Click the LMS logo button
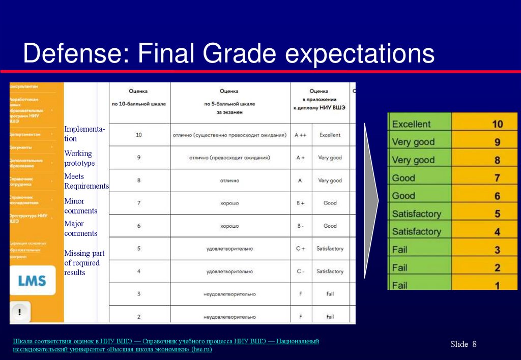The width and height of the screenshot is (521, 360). tap(32, 281)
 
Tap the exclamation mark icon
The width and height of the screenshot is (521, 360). tap(19, 311)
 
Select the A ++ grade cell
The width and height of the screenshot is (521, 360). tap(300, 135)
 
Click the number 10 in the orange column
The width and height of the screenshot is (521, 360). tap(497, 124)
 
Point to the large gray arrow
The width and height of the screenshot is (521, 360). tap(371, 200)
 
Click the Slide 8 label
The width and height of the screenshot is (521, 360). tap(463, 344)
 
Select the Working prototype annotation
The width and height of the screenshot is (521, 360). tap(79, 158)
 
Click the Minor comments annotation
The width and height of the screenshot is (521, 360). tap(80, 206)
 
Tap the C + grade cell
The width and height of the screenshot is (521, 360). tap(300, 249)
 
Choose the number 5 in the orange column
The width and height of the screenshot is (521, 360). tap(497, 214)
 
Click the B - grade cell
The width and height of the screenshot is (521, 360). tap(300, 226)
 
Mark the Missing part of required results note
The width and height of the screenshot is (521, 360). tap(82, 263)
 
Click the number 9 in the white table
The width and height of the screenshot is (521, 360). tap(138, 158)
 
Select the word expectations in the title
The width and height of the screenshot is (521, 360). tap(360, 54)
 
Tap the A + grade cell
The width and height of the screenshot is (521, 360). tap(300, 158)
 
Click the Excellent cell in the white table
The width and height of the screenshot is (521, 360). tap(330, 135)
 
